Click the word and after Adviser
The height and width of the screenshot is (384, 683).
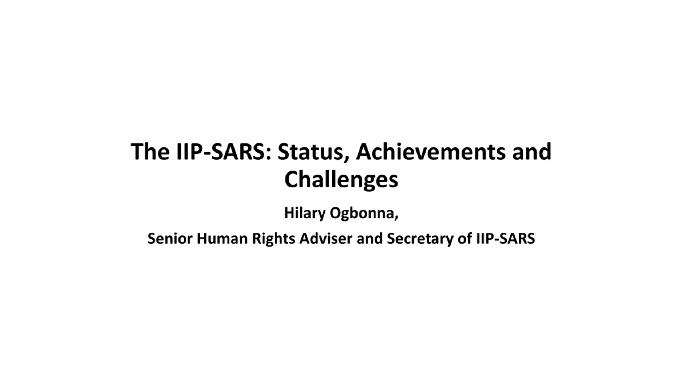(370, 238)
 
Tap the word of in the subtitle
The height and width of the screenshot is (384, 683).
(465, 238)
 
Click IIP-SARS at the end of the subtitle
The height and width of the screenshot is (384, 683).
(506, 238)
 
